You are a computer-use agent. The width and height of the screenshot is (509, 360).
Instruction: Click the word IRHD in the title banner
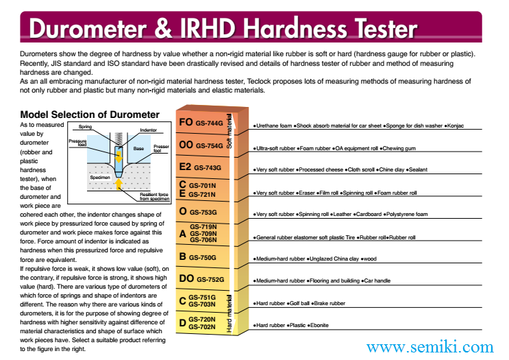(x=207, y=29)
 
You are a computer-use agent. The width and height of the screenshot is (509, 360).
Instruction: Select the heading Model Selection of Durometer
(x=90, y=115)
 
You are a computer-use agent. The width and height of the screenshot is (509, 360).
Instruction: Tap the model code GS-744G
(x=209, y=123)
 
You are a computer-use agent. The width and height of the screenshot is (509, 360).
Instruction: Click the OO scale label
(x=186, y=144)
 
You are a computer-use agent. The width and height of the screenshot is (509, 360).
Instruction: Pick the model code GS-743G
(x=208, y=167)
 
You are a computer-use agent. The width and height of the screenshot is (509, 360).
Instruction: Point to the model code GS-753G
(x=203, y=212)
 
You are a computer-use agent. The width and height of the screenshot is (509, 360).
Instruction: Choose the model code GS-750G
(x=203, y=257)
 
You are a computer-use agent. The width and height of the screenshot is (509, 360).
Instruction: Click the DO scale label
(x=186, y=278)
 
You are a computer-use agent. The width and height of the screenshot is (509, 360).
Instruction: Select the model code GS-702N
(x=202, y=326)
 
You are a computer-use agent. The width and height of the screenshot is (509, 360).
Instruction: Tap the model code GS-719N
(x=203, y=227)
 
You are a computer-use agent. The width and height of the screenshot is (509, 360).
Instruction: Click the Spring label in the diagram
(x=85, y=127)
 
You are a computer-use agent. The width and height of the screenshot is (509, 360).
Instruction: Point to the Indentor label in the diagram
(x=149, y=130)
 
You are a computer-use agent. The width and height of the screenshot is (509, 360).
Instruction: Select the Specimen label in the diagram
(x=100, y=178)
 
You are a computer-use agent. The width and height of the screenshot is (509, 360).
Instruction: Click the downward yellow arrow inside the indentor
(x=119, y=156)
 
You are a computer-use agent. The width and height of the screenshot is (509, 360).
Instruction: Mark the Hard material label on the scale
(x=229, y=313)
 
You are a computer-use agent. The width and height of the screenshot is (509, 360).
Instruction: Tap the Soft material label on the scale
(x=229, y=131)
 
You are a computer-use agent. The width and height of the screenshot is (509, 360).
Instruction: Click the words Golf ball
(x=299, y=303)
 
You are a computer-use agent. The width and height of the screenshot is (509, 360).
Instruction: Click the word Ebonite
(x=319, y=325)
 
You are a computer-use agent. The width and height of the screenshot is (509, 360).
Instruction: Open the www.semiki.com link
(x=430, y=347)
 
